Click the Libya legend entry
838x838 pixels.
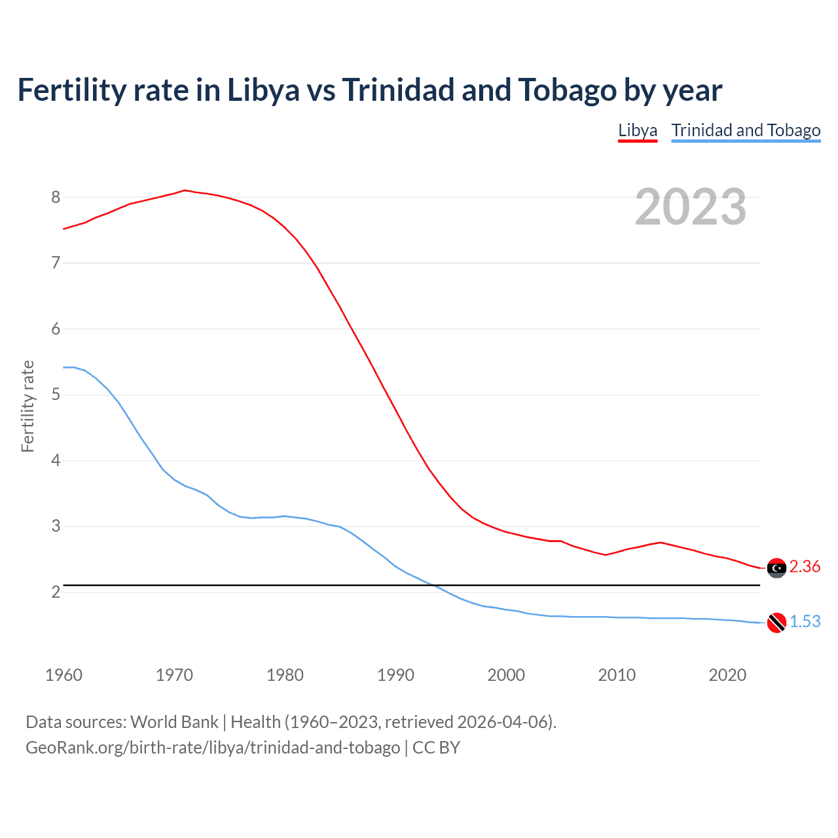tap(638, 130)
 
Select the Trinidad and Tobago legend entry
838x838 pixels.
tap(746, 130)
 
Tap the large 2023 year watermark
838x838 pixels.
tap(690, 207)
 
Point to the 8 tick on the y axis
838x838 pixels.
tap(56, 197)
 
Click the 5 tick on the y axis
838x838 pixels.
tap(56, 395)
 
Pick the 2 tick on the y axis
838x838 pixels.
tap(56, 592)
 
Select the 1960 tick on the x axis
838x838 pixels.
tap(64, 675)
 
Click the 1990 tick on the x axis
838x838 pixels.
tap(395, 675)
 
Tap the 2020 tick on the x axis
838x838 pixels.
tap(727, 675)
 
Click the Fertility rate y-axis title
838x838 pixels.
tap(27, 406)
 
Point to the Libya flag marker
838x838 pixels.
tap(776, 568)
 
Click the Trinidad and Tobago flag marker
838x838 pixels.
tap(776, 623)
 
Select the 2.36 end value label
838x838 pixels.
tap(805, 567)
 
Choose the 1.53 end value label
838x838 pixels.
tap(805, 622)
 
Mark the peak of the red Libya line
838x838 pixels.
tap(185, 191)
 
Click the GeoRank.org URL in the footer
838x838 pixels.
tap(213, 748)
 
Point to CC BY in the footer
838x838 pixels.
tap(436, 748)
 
